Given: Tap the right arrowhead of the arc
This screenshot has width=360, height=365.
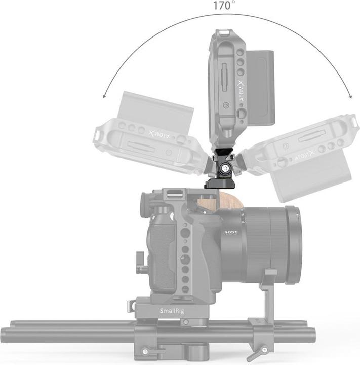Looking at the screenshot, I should point(350,96).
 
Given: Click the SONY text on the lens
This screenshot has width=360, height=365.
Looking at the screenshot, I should point(231,232).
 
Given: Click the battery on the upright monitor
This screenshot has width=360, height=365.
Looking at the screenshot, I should point(260,87).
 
